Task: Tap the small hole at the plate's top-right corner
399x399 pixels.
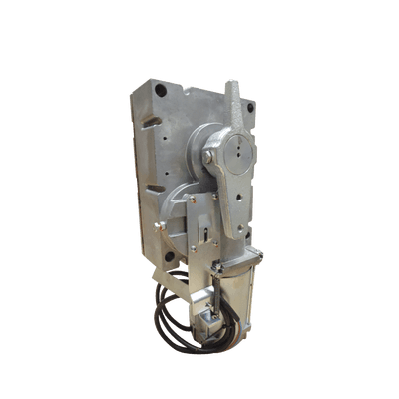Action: click(250, 107)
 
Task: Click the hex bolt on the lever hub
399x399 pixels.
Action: click(208, 157)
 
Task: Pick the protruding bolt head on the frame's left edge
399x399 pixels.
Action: click(158, 225)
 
